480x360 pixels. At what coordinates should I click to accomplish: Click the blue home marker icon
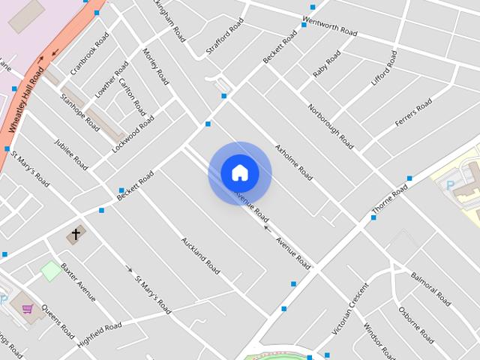[239, 173]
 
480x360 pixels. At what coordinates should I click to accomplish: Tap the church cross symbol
[74, 235]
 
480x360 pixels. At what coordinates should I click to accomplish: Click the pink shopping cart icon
[28, 308]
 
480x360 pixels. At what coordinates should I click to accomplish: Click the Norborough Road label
[330, 123]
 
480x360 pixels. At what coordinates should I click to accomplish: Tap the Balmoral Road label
[430, 289]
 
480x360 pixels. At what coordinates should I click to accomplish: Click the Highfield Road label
[99, 335]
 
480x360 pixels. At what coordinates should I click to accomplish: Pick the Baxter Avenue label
[78, 281]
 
